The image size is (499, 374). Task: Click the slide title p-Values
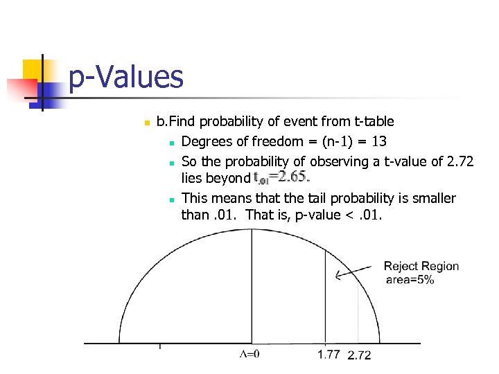point(126,77)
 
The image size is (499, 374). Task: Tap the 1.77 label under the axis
point(329,355)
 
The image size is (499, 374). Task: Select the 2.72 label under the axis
point(359,355)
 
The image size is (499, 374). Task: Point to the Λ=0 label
point(249,355)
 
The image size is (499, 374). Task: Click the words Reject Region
point(421,267)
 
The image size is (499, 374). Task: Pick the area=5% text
point(410,280)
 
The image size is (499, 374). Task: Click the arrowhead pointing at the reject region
point(338,276)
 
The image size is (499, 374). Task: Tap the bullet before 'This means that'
point(170,199)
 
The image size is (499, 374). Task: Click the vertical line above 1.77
point(326,298)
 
